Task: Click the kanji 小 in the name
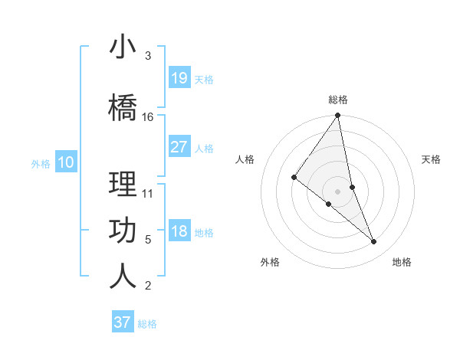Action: (x=123, y=47)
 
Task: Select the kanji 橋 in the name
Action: (x=123, y=108)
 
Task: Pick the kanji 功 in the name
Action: (x=123, y=231)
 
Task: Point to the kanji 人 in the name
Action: (x=123, y=277)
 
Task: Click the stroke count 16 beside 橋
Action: (x=148, y=117)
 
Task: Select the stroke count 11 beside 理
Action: (x=148, y=193)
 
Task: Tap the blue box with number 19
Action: (x=179, y=78)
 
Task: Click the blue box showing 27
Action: (x=179, y=147)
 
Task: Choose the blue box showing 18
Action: (x=179, y=231)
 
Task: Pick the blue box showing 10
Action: (x=66, y=162)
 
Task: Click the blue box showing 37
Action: (x=123, y=322)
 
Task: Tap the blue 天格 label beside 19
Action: (x=204, y=80)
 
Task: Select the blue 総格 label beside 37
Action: (x=147, y=324)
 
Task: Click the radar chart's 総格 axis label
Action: (x=338, y=100)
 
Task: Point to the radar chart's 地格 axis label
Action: (x=402, y=262)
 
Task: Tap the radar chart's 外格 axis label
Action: (x=270, y=262)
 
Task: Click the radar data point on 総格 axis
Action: (x=337, y=116)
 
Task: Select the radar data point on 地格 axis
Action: (x=374, y=242)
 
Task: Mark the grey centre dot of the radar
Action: (x=337, y=191)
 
